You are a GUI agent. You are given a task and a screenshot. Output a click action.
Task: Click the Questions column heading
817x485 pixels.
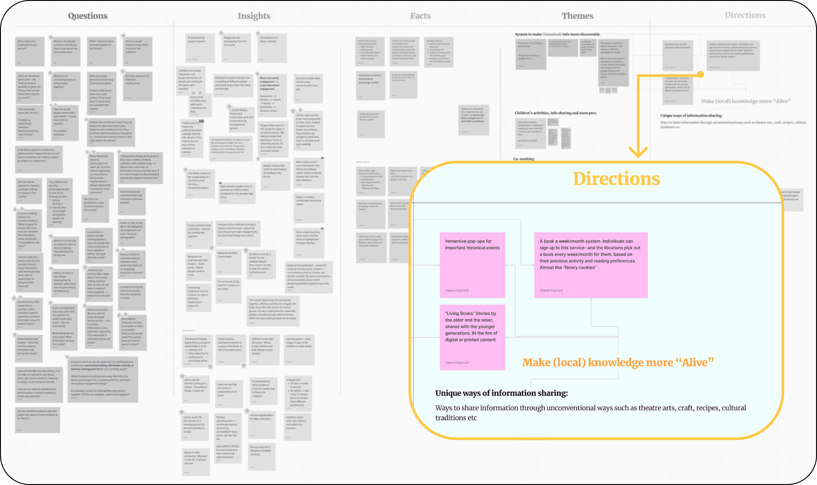tap(88, 16)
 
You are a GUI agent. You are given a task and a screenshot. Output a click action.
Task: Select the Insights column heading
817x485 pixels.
tap(254, 16)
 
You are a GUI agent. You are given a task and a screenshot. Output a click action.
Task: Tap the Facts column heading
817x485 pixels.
tap(420, 16)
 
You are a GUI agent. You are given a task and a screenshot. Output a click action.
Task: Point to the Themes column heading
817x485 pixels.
tap(577, 16)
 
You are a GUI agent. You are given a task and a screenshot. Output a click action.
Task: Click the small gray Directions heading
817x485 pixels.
tap(745, 15)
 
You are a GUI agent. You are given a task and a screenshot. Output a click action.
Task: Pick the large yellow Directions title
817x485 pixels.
tap(616, 179)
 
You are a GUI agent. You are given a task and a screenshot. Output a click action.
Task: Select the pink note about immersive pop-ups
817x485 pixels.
tap(472, 265)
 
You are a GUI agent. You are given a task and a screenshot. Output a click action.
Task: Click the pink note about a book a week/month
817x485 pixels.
tap(590, 265)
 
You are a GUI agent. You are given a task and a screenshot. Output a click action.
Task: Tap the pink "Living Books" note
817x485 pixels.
tap(472, 337)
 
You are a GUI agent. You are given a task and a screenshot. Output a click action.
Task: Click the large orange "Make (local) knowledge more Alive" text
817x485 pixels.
tap(618, 362)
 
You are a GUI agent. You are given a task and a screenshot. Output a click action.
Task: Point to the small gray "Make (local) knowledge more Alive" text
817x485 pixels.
tap(745, 101)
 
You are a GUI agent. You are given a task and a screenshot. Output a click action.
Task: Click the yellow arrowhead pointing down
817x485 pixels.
tap(638, 152)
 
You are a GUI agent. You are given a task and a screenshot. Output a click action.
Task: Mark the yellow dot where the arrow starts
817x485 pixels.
tap(700, 74)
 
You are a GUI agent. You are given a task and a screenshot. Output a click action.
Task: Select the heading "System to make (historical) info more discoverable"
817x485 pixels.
tap(557, 34)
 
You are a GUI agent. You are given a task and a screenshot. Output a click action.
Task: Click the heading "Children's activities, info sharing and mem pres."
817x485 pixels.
tap(555, 113)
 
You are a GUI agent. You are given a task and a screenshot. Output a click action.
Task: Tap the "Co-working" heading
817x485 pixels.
tap(524, 159)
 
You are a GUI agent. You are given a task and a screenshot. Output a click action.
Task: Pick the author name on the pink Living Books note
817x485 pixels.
tap(456, 362)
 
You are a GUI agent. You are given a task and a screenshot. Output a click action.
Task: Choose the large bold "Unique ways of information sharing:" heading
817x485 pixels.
tap(502, 393)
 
